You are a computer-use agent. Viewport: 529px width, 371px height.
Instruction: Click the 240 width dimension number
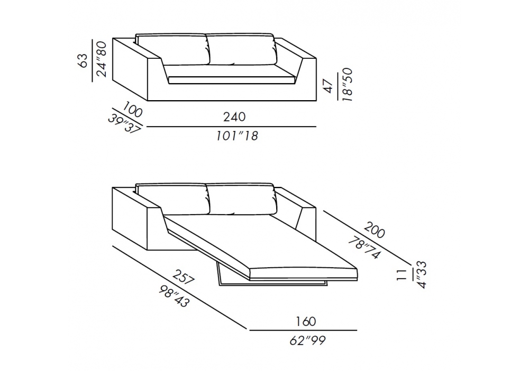click(234, 117)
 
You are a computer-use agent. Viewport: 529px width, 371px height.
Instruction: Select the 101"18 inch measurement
click(237, 136)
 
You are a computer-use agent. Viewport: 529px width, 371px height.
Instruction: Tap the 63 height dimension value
click(83, 60)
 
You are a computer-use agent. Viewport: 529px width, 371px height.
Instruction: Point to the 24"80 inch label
click(102, 59)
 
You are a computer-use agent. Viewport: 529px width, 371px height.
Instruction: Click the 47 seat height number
click(329, 85)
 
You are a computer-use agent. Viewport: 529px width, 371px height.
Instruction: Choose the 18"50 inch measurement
click(347, 85)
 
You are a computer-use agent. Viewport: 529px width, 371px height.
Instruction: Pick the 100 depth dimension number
click(133, 110)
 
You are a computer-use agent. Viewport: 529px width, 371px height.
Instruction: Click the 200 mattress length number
click(374, 230)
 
